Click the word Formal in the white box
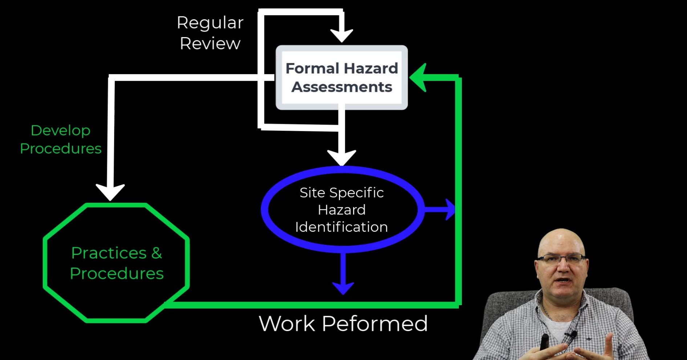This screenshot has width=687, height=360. tap(312, 68)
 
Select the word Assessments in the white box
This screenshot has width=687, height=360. tap(342, 87)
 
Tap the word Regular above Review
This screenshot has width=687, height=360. tap(210, 23)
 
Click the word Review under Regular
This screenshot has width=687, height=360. tap(210, 44)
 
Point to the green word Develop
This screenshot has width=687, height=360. tap(60, 130)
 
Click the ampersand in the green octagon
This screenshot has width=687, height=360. tap(157, 253)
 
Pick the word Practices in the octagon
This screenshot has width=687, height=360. tap(109, 253)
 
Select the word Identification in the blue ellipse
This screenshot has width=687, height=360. tap(342, 227)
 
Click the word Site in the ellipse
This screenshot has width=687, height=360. tap(312, 193)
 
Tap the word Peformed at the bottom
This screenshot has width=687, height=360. tap(375, 323)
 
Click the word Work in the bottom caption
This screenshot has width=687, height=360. tap(287, 323)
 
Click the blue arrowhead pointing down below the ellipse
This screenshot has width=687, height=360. tap(343, 287)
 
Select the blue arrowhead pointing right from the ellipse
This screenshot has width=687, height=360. tap(450, 209)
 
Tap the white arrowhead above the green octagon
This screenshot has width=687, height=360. tap(110, 191)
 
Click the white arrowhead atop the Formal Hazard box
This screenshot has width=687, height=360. tap(342, 36)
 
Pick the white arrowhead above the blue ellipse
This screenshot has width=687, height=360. tap(342, 157)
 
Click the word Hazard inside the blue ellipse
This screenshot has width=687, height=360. tap(342, 210)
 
